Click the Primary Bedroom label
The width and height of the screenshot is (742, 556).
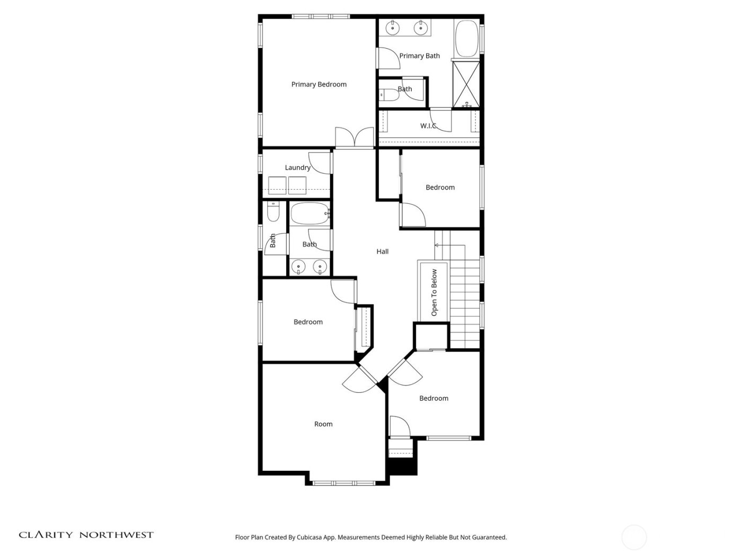click(x=319, y=84)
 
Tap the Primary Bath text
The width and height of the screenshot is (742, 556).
click(x=419, y=56)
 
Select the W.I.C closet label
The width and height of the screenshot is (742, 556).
click(x=428, y=126)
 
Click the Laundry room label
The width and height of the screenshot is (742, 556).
click(x=297, y=168)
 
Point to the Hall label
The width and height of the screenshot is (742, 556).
click(x=382, y=252)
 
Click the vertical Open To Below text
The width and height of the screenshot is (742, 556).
click(x=434, y=292)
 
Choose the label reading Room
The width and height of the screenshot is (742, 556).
click(x=323, y=424)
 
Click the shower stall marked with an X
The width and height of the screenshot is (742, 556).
click(x=466, y=84)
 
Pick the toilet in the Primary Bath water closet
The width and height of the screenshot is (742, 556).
click(x=390, y=95)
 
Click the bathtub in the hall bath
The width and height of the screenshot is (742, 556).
click(x=310, y=213)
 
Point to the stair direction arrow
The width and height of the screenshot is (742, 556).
click(x=437, y=245)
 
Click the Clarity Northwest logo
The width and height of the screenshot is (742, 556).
click(x=86, y=535)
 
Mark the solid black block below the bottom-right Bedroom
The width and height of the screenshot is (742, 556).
click(x=402, y=466)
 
